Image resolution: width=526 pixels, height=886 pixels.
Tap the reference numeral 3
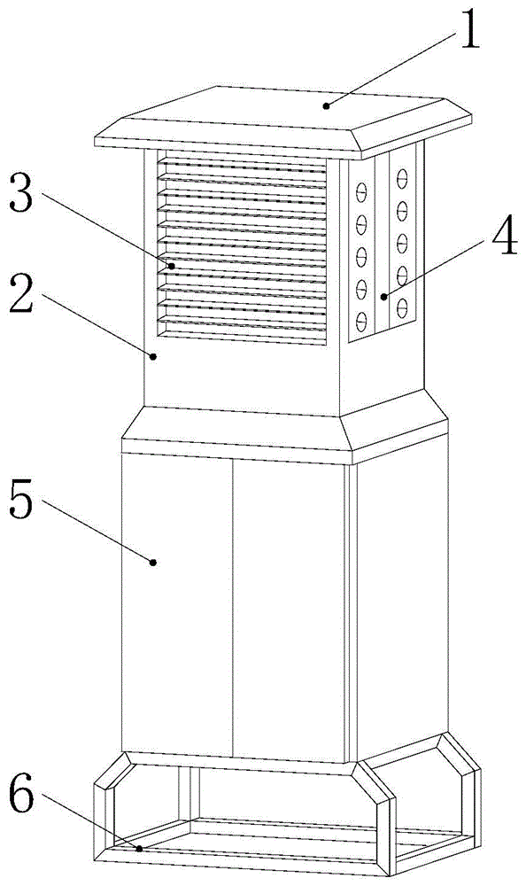22,194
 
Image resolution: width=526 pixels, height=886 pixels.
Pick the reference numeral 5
22,500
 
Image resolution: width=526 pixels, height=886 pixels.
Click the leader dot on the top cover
326,105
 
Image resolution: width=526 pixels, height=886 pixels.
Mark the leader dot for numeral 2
153,356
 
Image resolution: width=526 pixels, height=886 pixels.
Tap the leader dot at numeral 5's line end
152,562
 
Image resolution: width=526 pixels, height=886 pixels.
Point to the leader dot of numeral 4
383,296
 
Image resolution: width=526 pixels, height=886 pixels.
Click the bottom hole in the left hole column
361,323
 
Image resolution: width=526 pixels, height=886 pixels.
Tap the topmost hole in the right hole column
402,178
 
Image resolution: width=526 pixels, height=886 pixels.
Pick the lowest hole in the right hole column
402,308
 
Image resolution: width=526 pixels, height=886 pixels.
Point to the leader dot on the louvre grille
172,266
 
